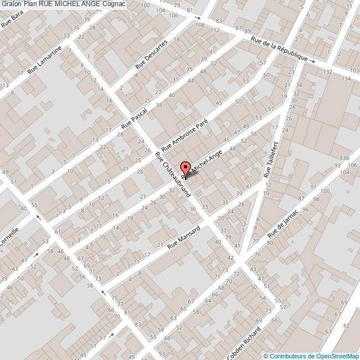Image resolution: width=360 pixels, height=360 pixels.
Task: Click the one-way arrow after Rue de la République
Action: (312, 61)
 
